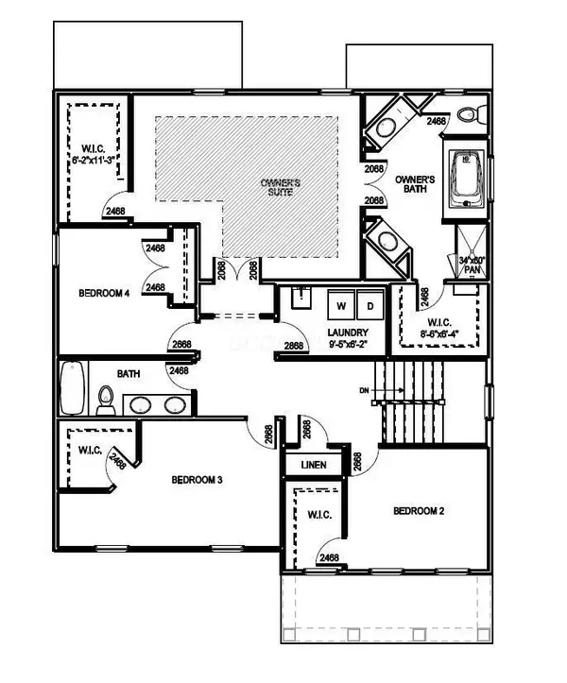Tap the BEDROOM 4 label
click(102, 293)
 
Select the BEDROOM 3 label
click(197, 480)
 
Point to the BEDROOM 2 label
click(419, 511)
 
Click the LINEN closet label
click(313, 466)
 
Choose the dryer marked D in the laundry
click(369, 306)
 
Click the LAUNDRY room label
click(347, 333)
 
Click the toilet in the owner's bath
click(468, 115)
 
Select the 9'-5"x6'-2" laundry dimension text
click(347, 345)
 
